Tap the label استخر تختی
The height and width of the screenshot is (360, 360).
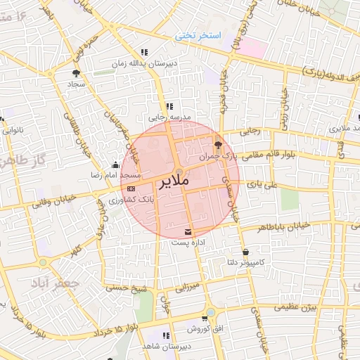[198, 34]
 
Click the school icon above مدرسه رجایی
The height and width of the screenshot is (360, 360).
[168, 106]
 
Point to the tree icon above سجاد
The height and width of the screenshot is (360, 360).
[76, 72]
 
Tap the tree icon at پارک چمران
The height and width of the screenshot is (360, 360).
[219, 144]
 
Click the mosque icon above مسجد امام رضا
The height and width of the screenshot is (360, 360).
[115, 165]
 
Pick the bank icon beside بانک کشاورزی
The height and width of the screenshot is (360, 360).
[131, 188]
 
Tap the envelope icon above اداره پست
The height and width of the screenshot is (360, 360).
[188, 231]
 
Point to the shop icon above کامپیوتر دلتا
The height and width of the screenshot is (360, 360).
[245, 252]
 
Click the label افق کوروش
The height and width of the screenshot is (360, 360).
[205, 328]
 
